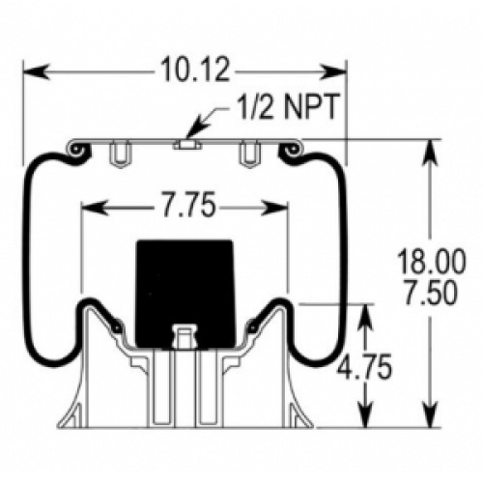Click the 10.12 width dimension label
(195, 70)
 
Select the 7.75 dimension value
(188, 205)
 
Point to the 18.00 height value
(431, 261)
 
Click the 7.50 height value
(430, 293)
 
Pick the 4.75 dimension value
(364, 366)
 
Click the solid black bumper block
(185, 294)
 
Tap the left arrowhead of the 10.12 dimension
(37, 71)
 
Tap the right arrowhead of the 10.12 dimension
(333, 71)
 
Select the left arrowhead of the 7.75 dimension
(95, 208)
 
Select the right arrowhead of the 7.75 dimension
(274, 208)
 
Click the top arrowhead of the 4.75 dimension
(366, 318)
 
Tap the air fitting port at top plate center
(187, 145)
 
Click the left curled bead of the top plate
(77, 150)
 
